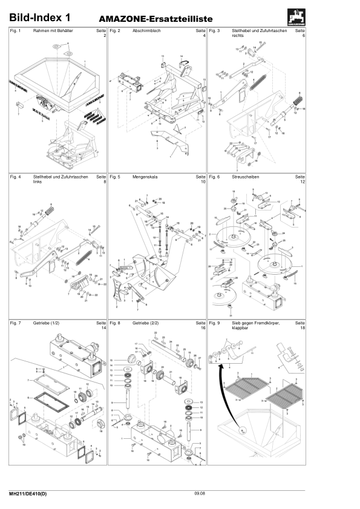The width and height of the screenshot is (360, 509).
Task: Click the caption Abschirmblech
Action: pyautogui.click(x=146, y=30)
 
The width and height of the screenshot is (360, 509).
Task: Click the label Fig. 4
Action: pyautogui.click(x=16, y=177)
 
